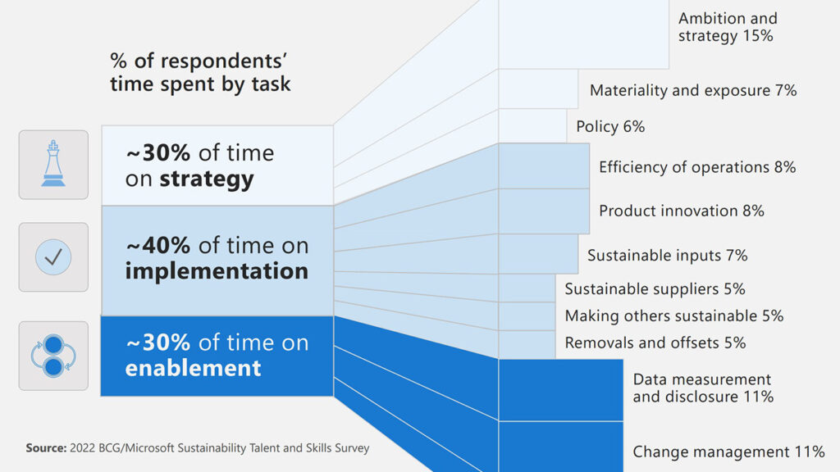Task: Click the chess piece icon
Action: pos(53,164)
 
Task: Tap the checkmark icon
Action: pos(53,257)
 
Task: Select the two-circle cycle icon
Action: pos(53,356)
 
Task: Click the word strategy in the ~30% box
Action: pos(206,179)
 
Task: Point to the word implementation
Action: pos(217,270)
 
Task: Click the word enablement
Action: pos(193,368)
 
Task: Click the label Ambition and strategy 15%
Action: pos(728,27)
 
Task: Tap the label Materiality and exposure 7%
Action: pos(693,90)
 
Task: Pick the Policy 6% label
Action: pos(610,126)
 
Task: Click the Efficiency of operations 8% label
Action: pos(697,167)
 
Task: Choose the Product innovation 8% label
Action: pos(681,211)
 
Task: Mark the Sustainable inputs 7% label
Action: pos(667,255)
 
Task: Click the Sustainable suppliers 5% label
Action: pos(655,288)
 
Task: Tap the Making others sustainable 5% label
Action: pos(673,315)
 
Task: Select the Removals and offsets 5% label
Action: pos(655,343)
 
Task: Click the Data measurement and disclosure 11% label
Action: pos(702,388)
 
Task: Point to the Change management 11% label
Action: pos(728,452)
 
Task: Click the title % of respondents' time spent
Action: pos(200,72)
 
